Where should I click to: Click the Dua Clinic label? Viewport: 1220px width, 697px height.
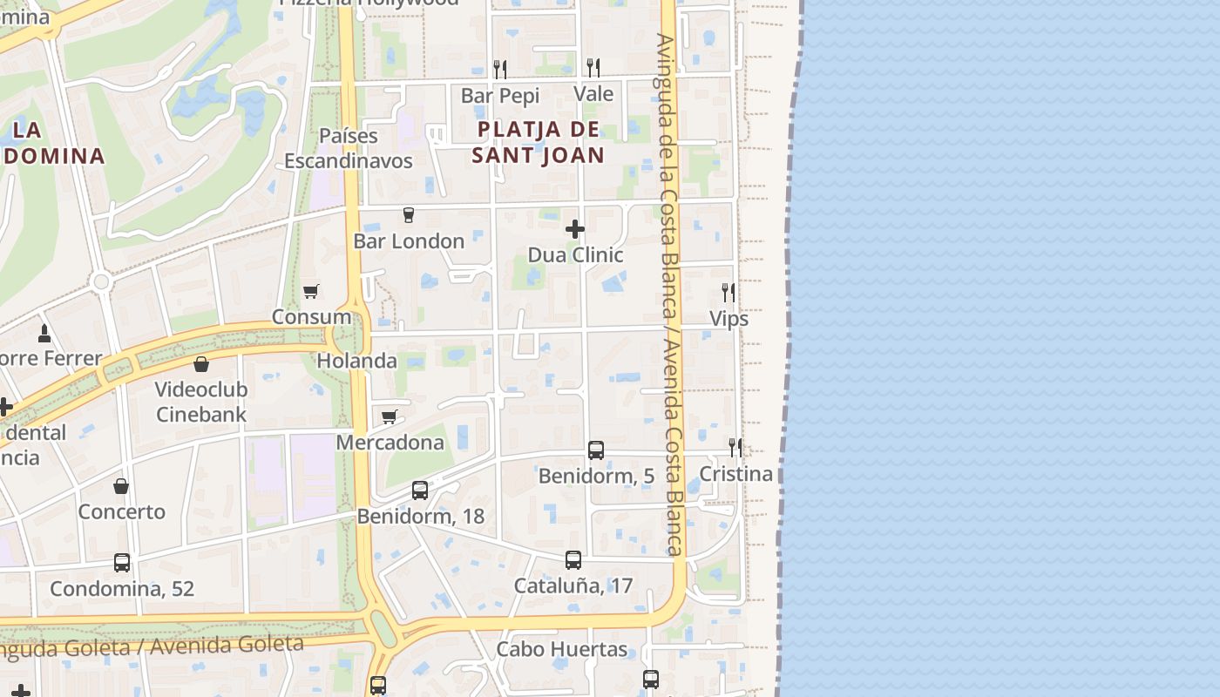[x=575, y=254]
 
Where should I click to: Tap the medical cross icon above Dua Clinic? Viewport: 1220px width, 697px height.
[x=575, y=229]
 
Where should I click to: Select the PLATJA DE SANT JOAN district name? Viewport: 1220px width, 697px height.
[x=538, y=143]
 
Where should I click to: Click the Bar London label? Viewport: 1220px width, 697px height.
[x=409, y=241]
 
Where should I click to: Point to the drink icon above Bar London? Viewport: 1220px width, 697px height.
[x=408, y=215]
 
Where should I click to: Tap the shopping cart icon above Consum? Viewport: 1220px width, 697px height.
[x=311, y=291]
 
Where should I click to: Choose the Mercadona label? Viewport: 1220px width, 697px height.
[x=390, y=443]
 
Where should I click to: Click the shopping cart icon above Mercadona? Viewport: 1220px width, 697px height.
[x=390, y=416]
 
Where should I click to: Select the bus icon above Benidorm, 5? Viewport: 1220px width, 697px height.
[x=596, y=450]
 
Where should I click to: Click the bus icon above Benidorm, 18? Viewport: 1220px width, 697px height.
[x=420, y=491]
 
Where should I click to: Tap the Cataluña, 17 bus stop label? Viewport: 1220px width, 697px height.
[x=573, y=585]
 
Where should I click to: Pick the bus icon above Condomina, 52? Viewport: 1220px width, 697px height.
[x=122, y=563]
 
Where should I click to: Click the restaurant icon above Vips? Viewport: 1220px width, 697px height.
[x=729, y=293]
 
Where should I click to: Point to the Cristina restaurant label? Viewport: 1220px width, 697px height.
[x=736, y=474]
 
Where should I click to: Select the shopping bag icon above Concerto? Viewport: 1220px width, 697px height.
[x=121, y=486]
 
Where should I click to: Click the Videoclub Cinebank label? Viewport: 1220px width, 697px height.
[x=201, y=402]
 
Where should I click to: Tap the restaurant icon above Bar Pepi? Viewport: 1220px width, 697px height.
[x=500, y=69]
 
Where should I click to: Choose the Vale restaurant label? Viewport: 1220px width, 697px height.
[x=593, y=94]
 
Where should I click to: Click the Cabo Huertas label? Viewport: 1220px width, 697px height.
[x=562, y=649]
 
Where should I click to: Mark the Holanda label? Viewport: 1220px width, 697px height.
[x=356, y=361]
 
